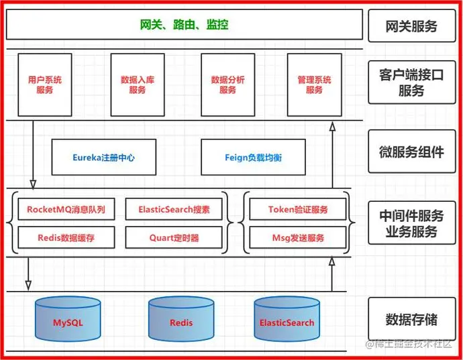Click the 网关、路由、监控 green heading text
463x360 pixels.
(185, 25)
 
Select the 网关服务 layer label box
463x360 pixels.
(411, 26)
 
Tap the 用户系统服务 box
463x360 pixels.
(45, 84)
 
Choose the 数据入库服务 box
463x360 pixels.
(138, 84)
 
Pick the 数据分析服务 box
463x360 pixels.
(228, 84)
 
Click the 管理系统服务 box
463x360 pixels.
(314, 84)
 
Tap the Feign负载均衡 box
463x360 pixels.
(253, 158)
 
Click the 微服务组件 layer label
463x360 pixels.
(411, 152)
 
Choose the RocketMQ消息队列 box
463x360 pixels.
(66, 210)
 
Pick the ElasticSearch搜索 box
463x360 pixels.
(174, 210)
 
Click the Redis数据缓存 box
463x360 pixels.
(66, 237)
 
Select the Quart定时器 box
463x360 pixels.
(174, 237)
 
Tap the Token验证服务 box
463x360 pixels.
(298, 210)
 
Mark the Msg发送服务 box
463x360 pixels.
(298, 237)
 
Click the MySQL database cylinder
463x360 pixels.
(68, 319)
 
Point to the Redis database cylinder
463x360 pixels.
(181, 319)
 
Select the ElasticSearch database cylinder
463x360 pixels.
(287, 319)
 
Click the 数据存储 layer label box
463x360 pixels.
(411, 318)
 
